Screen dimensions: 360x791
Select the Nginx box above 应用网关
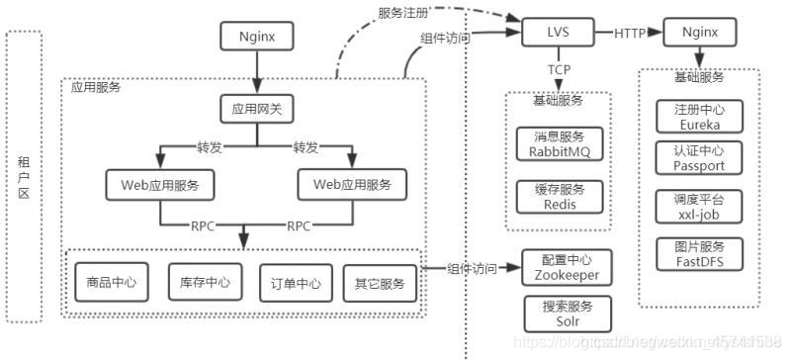pos(258,39)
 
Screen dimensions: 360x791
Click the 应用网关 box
pos(258,109)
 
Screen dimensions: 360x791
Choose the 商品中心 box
pos(105,284)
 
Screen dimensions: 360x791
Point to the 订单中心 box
pos(290,284)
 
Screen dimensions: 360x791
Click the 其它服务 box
pos(380,284)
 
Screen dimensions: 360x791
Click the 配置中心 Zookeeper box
pos(561,268)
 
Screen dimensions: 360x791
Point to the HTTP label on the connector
pos(630,34)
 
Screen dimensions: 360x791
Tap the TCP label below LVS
pos(558,69)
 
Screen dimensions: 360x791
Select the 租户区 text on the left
pos(24,177)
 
